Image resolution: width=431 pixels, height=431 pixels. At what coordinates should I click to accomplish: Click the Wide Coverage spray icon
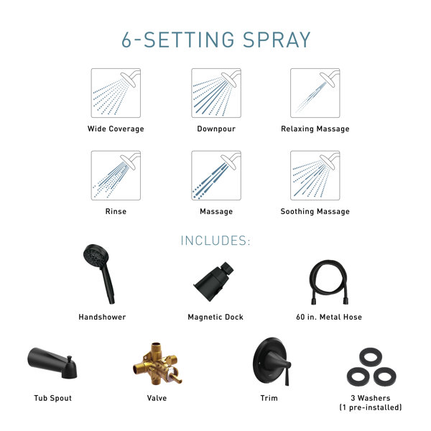click(x=116, y=93)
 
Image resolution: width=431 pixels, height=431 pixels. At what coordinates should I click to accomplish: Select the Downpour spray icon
click(x=215, y=93)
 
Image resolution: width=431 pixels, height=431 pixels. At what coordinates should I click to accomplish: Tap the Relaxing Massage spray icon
click(x=315, y=93)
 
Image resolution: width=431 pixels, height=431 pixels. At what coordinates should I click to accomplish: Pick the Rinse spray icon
click(x=116, y=175)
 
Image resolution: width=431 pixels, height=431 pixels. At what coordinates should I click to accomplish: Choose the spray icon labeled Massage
click(x=215, y=175)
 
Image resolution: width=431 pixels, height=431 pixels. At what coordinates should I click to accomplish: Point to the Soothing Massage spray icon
click(x=315, y=175)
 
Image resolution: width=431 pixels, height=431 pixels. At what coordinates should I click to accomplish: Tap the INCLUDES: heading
click(x=215, y=241)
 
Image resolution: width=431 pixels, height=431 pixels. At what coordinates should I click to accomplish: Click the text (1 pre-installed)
click(x=370, y=407)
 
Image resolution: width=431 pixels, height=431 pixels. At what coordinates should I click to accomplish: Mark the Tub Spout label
click(x=53, y=398)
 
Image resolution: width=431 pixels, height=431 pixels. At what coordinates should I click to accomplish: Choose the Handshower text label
click(x=102, y=317)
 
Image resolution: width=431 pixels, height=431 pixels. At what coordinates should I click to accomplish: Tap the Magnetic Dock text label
click(x=215, y=317)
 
